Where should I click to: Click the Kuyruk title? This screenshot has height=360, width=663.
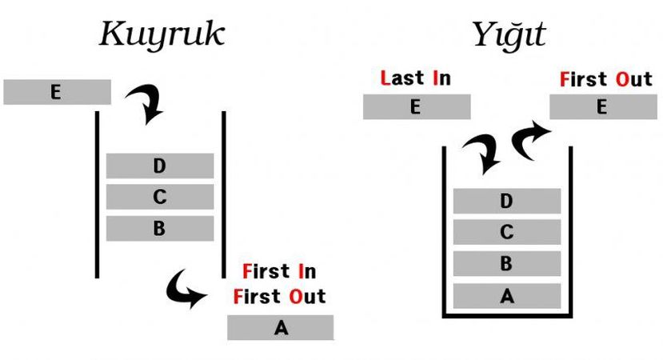pyautogui.click(x=162, y=35)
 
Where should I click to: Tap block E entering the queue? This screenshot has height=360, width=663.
pyautogui.click(x=57, y=92)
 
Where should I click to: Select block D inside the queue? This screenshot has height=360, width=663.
pyautogui.click(x=160, y=166)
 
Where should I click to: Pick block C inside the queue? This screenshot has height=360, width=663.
pyautogui.click(x=160, y=197)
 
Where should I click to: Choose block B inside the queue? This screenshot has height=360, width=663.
pyautogui.click(x=160, y=228)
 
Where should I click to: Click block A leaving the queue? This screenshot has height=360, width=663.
pyautogui.click(x=280, y=327)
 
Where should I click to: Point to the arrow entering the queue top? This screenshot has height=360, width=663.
pyautogui.click(x=146, y=105)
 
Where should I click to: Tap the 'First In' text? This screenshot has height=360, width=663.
pyautogui.click(x=278, y=270)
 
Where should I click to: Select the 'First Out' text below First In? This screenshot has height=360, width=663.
pyautogui.click(x=280, y=296)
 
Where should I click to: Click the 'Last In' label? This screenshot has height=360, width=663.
pyautogui.click(x=416, y=78)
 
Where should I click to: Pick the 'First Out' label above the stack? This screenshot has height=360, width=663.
pyautogui.click(x=606, y=79)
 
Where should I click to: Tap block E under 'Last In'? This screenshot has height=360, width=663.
pyautogui.click(x=417, y=106)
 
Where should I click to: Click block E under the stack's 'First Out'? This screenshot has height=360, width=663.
pyautogui.click(x=602, y=106)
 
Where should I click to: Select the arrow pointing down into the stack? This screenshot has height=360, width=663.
pyautogui.click(x=482, y=153)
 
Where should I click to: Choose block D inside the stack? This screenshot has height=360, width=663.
pyautogui.click(x=506, y=201)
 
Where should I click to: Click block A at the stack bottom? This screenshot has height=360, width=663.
pyautogui.click(x=506, y=295)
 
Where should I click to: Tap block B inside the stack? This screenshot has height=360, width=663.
pyautogui.click(x=506, y=263)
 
